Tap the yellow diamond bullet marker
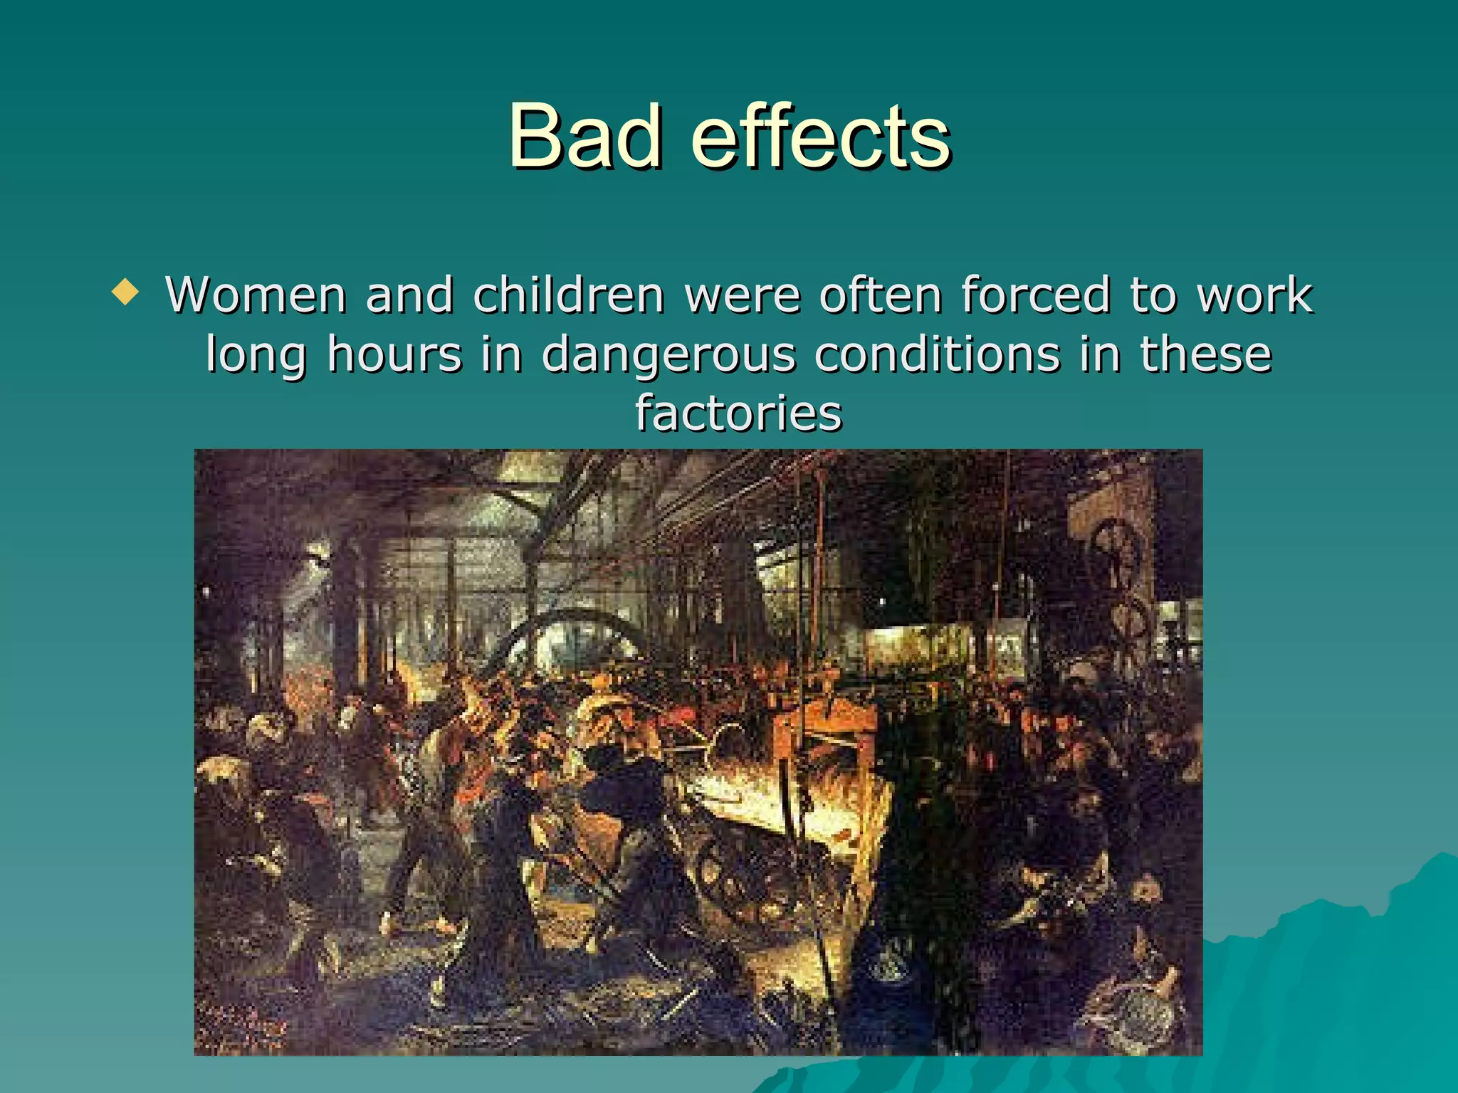tap(126, 292)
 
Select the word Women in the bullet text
tap(256, 295)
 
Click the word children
tap(568, 295)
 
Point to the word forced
tap(1036, 295)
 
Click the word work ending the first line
tap(1255, 295)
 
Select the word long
tap(256, 354)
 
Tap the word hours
tap(394, 354)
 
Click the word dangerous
tap(668, 354)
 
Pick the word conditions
tap(938, 354)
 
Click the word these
tap(1205, 354)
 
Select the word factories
tap(738, 413)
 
